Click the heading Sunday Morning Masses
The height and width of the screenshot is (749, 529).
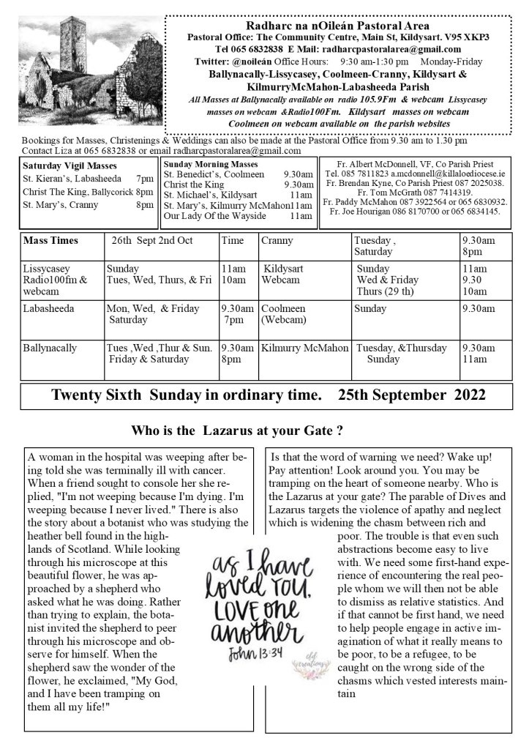pos(211,164)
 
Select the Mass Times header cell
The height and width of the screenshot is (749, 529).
pos(50,240)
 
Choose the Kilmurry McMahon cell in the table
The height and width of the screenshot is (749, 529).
pos(305,348)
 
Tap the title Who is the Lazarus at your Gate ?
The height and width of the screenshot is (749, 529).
pos(237,431)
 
